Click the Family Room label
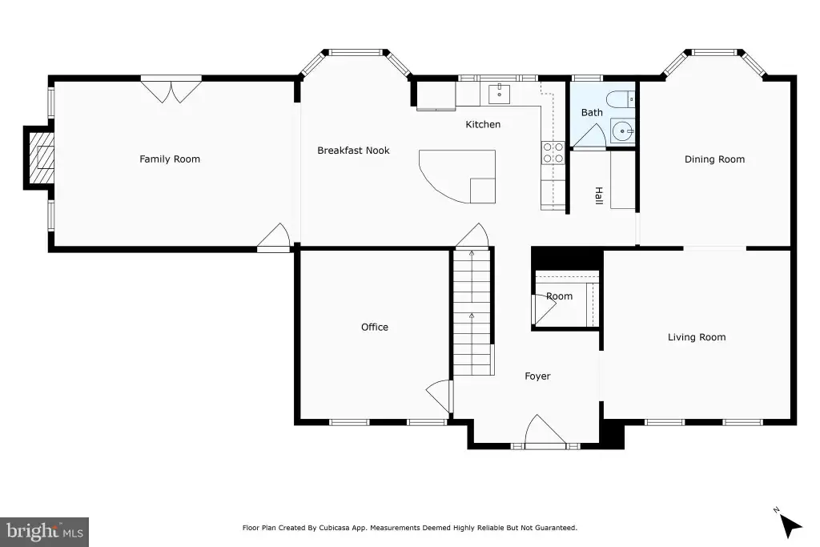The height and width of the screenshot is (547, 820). coord(170,159)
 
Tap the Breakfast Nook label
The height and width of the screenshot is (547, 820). coord(353,151)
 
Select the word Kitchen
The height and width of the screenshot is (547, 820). coord(483,124)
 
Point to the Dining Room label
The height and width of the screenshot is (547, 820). coord(714,159)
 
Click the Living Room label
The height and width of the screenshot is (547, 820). coord(697,337)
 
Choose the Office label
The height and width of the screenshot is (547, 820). coord(375,327)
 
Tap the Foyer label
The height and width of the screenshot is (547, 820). coord(537,376)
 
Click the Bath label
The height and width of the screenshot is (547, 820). coord(592,112)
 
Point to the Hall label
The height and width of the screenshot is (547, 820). coord(599,195)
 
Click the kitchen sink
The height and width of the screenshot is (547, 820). coord(500,95)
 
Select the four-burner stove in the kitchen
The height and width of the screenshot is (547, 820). coord(553,152)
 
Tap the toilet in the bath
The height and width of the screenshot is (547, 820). coord(621,99)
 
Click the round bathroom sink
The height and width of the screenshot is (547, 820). coord(622,131)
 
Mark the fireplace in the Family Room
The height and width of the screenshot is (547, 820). coord(38,158)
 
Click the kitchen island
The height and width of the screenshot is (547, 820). coord(458,175)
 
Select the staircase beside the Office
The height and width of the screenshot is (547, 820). coord(472,312)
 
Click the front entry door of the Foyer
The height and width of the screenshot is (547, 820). coord(545,432)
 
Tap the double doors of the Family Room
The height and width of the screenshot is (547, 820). coord(171,90)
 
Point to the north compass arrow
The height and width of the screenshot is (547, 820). coord(789,524)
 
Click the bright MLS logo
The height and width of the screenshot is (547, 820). coord(45,532)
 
